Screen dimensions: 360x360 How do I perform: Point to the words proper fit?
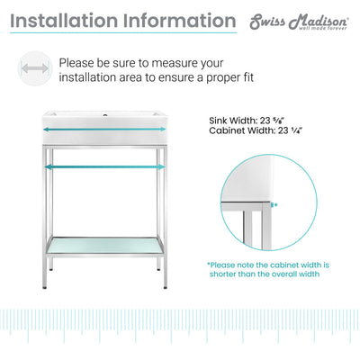point(230,78)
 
